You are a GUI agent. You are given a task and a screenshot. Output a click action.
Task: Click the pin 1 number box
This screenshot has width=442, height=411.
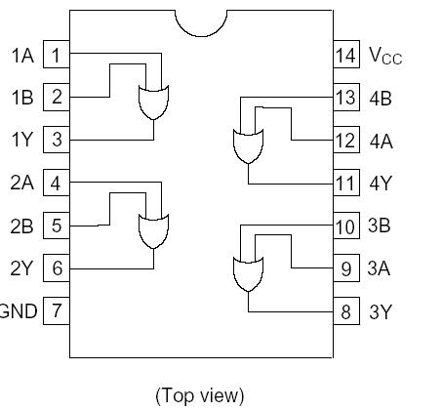coord(57,55)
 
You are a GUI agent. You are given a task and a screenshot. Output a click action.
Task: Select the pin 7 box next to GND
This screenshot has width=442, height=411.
coord(57,311)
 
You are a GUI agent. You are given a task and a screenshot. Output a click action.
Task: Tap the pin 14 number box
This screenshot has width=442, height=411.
coord(345,55)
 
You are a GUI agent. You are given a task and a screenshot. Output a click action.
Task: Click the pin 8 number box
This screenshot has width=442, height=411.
coord(345,311)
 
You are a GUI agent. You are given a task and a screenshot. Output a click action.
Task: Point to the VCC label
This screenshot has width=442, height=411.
coord(384,56)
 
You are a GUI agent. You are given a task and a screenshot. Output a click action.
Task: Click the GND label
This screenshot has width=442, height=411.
coord(19,311)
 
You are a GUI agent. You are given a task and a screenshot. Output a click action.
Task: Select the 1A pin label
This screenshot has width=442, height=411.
coord(22,56)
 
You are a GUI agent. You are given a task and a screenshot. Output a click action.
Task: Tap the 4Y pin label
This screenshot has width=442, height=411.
coord(380,184)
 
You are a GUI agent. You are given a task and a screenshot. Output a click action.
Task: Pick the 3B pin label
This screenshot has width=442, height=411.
coord(380,226)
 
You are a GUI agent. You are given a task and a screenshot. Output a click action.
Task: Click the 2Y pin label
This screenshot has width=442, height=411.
coord(22,268)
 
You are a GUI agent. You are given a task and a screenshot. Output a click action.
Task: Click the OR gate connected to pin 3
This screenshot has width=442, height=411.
coord(153,101)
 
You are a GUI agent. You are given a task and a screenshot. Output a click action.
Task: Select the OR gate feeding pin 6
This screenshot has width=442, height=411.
coord(153,230)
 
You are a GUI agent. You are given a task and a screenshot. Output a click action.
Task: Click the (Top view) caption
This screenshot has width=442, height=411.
coord(199,394)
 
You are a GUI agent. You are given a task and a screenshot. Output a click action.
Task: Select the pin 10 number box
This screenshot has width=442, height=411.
coord(345,226)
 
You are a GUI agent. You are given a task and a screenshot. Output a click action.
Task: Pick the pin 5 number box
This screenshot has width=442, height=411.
coord(57,226)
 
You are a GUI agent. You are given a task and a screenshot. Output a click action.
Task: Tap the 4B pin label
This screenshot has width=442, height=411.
coord(380,98)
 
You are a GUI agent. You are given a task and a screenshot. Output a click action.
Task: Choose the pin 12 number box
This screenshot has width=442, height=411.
coord(345,141)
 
